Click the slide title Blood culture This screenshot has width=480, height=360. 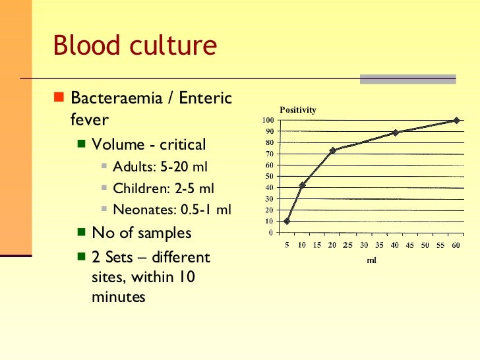135,46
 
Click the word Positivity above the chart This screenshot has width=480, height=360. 298,110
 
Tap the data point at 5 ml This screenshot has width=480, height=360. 287,221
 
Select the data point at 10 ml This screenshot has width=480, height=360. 302,185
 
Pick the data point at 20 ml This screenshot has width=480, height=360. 333,150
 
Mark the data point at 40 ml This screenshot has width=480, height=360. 395,133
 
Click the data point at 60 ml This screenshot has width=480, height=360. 456,121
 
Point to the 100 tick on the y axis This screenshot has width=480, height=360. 268,121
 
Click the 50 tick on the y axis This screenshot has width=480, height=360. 270,176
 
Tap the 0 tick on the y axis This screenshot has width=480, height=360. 271,232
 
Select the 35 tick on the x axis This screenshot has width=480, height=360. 379,245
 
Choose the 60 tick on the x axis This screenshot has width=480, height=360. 456,245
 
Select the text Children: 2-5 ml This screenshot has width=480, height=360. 164,189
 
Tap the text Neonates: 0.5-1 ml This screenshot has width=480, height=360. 172,210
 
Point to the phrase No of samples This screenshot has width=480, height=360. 142,233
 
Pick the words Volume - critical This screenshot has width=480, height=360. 149,144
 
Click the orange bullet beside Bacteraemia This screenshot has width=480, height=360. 59,99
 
